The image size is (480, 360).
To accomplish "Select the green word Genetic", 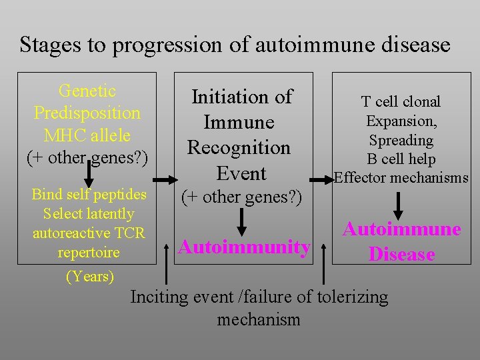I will pos(87,91).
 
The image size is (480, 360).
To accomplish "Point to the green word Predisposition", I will pos(87,113).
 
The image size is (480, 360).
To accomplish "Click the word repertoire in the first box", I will pos(89,252).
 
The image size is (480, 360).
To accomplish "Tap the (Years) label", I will pos(89,276).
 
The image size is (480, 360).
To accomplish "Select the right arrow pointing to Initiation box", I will pos(165,180).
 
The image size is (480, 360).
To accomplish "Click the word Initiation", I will pos(242,97).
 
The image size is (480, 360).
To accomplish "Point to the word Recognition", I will pos(239,147).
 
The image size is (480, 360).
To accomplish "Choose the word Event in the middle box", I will pos(241,173).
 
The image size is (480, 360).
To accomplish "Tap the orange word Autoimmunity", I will pos(245,247).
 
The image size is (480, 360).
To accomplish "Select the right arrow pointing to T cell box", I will pos(323,180).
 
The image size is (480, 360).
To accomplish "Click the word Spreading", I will pos(401,140).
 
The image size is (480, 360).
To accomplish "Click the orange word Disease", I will pos(401,254).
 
